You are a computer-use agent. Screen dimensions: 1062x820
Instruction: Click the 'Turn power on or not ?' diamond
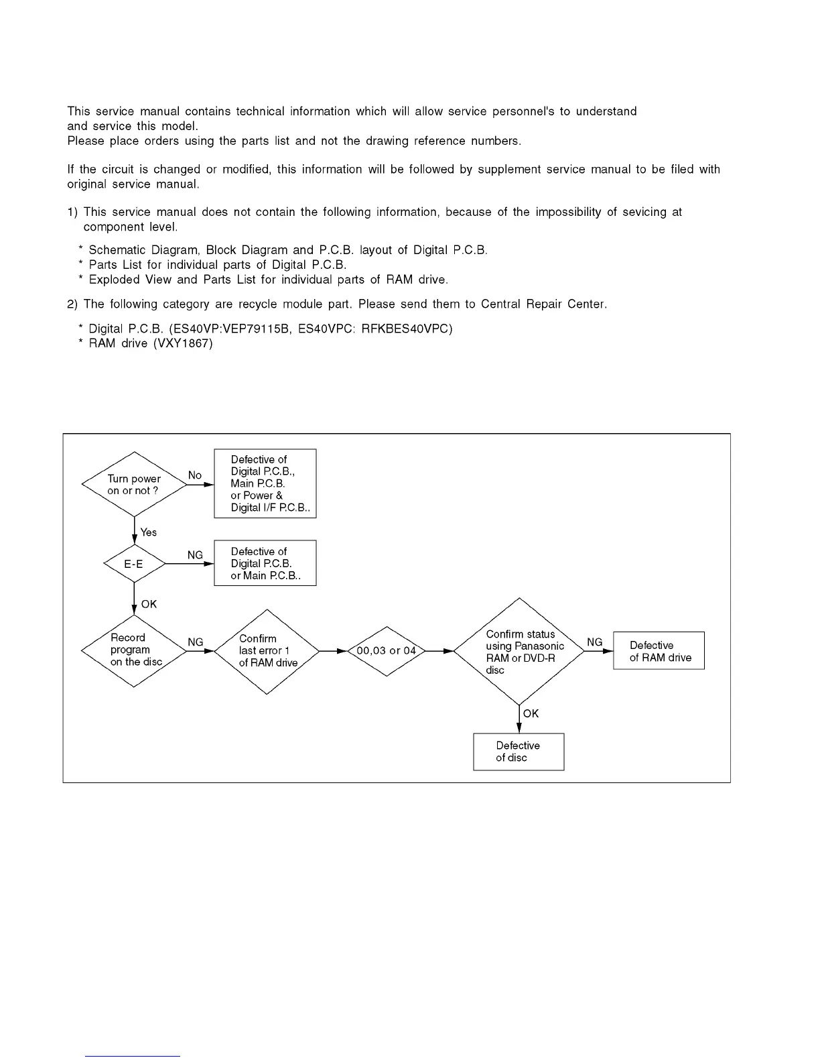click(134, 484)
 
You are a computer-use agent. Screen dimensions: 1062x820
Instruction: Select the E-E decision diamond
click(134, 564)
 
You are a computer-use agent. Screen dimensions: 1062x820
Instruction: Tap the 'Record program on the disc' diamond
click(134, 650)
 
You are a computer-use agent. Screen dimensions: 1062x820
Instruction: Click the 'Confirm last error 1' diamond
click(267, 650)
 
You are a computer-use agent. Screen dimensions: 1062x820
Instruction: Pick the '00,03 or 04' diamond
click(387, 650)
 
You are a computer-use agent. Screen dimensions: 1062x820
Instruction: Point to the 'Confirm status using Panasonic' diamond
click(519, 650)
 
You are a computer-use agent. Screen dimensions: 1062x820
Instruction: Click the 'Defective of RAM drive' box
click(659, 650)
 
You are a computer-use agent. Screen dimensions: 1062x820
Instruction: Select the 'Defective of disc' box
click(519, 752)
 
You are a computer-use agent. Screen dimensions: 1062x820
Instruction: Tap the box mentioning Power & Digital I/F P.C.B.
click(265, 483)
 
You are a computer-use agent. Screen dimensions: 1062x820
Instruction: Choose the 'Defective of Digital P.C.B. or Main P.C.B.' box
click(265, 563)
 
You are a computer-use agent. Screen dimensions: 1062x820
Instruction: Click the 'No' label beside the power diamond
click(194, 475)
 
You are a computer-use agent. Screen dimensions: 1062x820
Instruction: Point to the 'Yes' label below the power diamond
click(149, 532)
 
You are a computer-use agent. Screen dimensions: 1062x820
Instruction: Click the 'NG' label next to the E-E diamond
click(195, 555)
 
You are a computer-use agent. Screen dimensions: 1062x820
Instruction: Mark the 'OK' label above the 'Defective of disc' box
click(531, 713)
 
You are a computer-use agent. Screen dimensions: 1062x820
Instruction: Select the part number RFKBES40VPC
click(406, 329)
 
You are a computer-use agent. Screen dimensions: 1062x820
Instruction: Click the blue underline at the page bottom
click(133, 1056)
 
